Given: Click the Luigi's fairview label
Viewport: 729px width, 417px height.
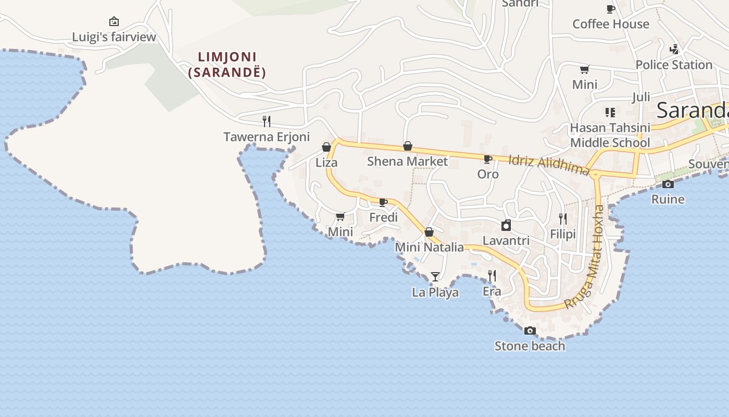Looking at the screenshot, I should (114, 37).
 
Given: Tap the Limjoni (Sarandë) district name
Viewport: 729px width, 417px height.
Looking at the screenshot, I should (227, 65).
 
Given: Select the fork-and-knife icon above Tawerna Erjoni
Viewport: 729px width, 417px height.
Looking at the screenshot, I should (267, 121).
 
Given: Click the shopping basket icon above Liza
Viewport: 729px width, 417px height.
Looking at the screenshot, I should (326, 147).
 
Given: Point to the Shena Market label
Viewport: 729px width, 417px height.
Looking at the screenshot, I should (407, 162).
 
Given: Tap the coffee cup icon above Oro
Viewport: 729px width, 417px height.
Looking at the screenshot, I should (488, 159).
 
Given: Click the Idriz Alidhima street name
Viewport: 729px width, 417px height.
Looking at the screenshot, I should (549, 165).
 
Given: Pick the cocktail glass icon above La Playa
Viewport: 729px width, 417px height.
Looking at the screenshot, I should (435, 276).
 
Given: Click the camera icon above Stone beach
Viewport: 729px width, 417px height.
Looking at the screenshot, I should (530, 330).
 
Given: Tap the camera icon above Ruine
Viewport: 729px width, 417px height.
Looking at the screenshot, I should (668, 184).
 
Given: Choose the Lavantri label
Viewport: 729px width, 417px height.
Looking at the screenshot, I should (506, 241).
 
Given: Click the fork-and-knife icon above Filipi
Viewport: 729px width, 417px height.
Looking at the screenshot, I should (563, 218).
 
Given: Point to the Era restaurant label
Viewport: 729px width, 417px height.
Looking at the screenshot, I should (492, 291).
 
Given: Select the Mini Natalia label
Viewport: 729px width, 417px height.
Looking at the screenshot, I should (430, 247).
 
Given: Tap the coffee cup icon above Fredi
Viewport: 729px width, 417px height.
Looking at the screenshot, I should (383, 202).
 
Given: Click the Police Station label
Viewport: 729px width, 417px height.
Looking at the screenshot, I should (674, 65).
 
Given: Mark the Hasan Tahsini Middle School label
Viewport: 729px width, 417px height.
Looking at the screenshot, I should (610, 135).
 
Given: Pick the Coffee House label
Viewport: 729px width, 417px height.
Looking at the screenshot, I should (611, 24).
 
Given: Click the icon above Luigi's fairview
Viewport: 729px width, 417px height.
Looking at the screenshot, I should (114, 21).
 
